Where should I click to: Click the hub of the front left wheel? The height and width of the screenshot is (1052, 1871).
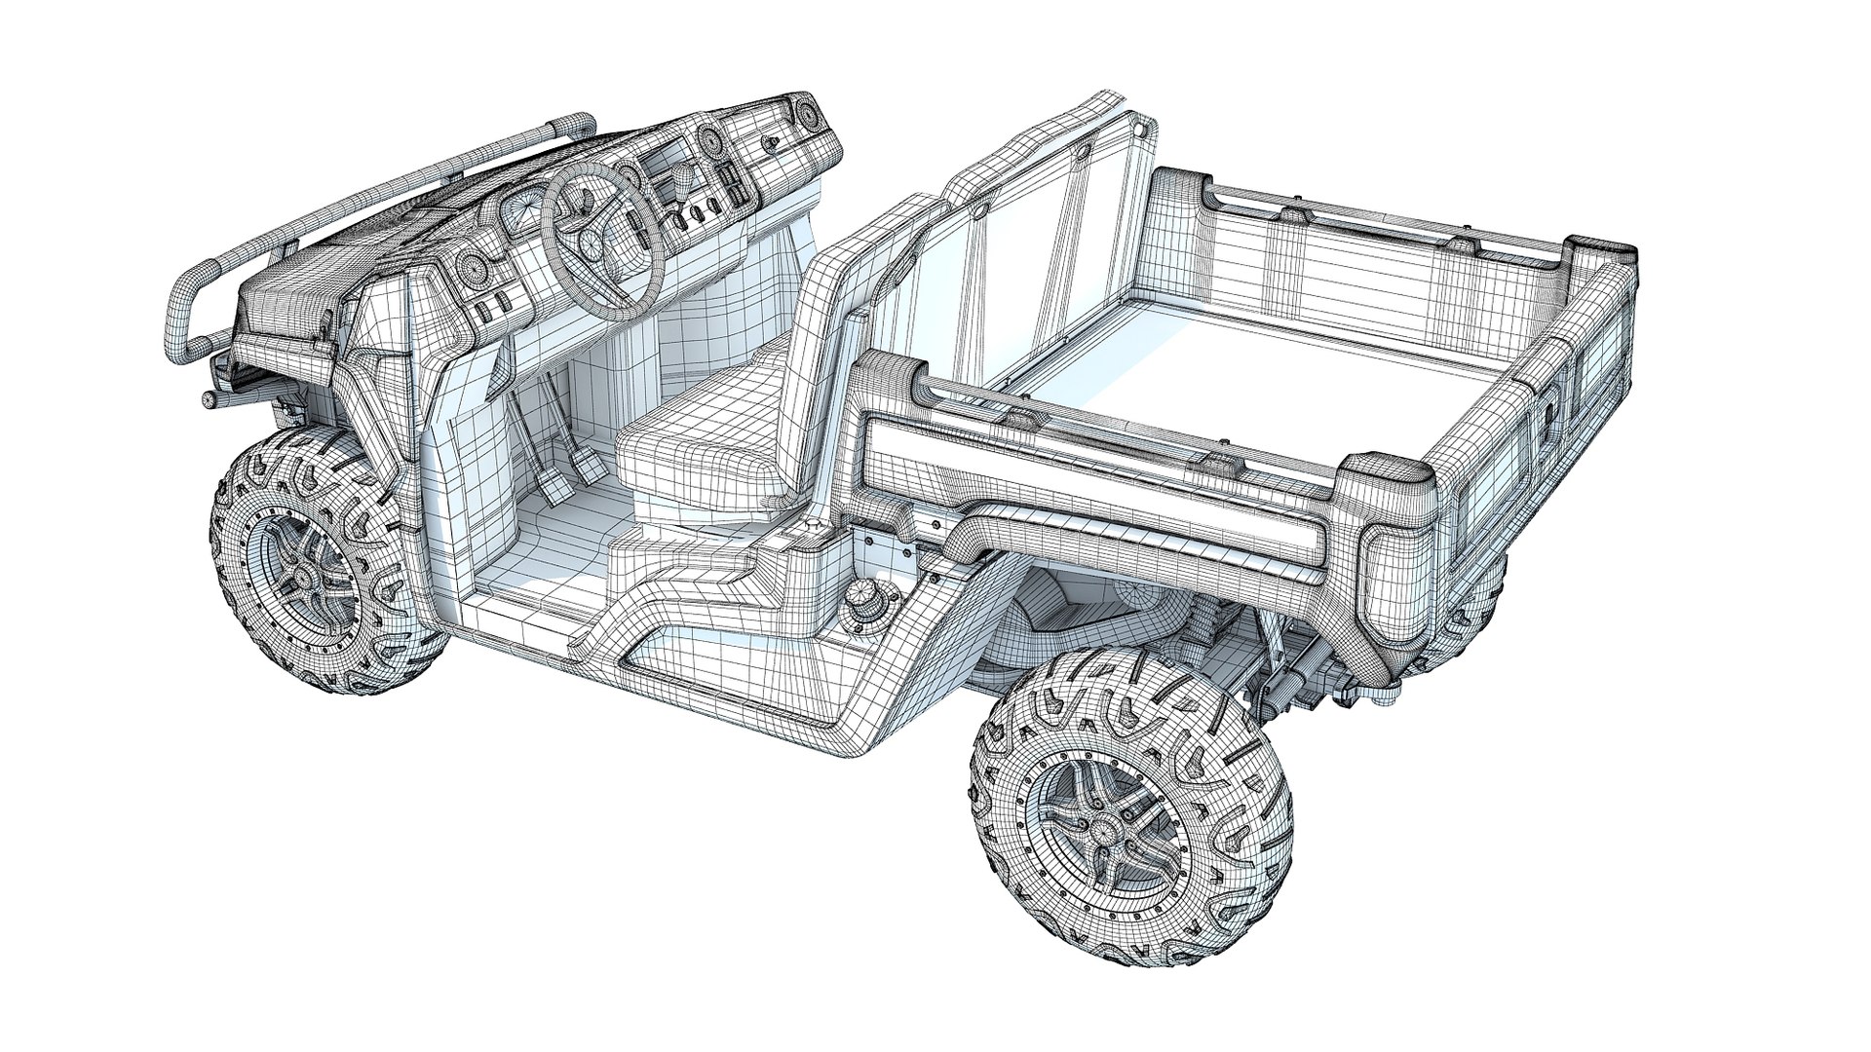pyautogui.click(x=304, y=578)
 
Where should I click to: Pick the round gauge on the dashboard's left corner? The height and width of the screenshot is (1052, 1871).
pyautogui.click(x=469, y=267)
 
